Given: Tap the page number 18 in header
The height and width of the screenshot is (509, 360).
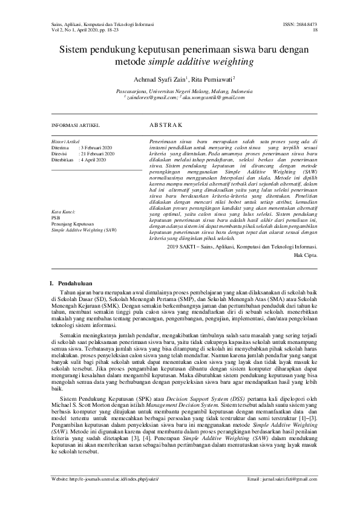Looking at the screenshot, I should click(315, 28).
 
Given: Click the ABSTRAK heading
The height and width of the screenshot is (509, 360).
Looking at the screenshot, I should click(165, 125).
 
